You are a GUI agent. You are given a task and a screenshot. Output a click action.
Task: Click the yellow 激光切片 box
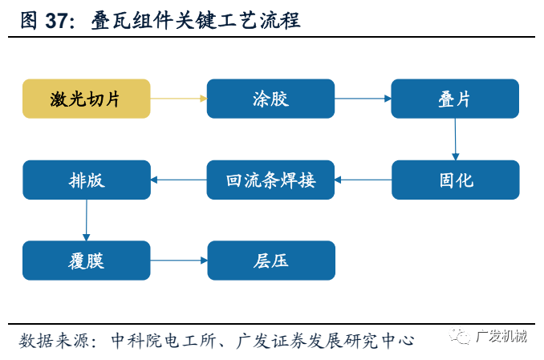[86, 99]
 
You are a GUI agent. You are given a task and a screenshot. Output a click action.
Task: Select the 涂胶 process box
[270, 99]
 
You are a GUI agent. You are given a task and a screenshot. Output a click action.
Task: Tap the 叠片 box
[455, 99]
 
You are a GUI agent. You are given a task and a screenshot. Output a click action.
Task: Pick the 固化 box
[455, 180]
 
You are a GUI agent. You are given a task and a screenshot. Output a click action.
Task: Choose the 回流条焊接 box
[270, 180]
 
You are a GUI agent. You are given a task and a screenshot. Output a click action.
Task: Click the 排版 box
[86, 180]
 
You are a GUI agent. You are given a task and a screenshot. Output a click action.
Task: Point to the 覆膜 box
[86, 261]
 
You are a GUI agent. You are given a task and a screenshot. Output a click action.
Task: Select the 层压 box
[270, 261]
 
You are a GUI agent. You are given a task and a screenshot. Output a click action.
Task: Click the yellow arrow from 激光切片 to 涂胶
[178, 99]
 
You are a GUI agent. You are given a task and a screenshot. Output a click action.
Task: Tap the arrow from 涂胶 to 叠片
[363, 99]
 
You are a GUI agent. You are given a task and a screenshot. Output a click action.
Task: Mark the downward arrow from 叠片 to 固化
[455, 139]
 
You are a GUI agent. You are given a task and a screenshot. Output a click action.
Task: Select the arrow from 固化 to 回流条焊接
[363, 180]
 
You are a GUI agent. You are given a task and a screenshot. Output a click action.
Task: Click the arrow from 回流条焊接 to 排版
[178, 180]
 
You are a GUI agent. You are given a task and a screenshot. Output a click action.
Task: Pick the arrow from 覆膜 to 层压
[178, 261]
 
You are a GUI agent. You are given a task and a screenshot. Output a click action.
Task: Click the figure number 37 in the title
[59, 21]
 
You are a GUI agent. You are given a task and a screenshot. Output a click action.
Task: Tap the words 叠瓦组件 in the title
[121, 21]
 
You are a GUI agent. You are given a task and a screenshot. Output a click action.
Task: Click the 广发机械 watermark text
[501, 337]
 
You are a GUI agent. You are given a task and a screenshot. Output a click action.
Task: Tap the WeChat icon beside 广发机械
[461, 337]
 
